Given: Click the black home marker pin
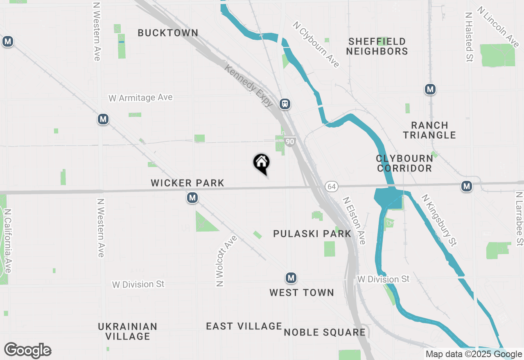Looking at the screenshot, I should [261, 162].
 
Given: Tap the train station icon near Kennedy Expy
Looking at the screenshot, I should [285, 104].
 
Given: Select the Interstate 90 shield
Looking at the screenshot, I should [290, 142].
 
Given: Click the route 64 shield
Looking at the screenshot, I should [332, 187].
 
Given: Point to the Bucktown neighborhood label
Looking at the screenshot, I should [168, 33].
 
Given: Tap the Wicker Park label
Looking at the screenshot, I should [187, 183].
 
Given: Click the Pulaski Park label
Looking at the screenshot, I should [312, 234].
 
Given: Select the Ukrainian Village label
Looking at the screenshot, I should [128, 331].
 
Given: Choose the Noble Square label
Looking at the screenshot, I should [325, 332].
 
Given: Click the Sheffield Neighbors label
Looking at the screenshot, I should [377, 46].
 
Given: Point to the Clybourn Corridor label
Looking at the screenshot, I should [404, 163].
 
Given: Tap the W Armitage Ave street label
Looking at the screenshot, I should [140, 98].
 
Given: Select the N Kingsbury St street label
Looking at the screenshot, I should [439, 220].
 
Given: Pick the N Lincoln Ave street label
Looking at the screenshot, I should [497, 27].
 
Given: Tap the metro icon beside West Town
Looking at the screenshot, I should [291, 278].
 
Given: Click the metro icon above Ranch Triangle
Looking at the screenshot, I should [430, 89].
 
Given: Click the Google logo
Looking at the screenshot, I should [27, 351].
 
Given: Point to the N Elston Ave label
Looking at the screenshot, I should [354, 221].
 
